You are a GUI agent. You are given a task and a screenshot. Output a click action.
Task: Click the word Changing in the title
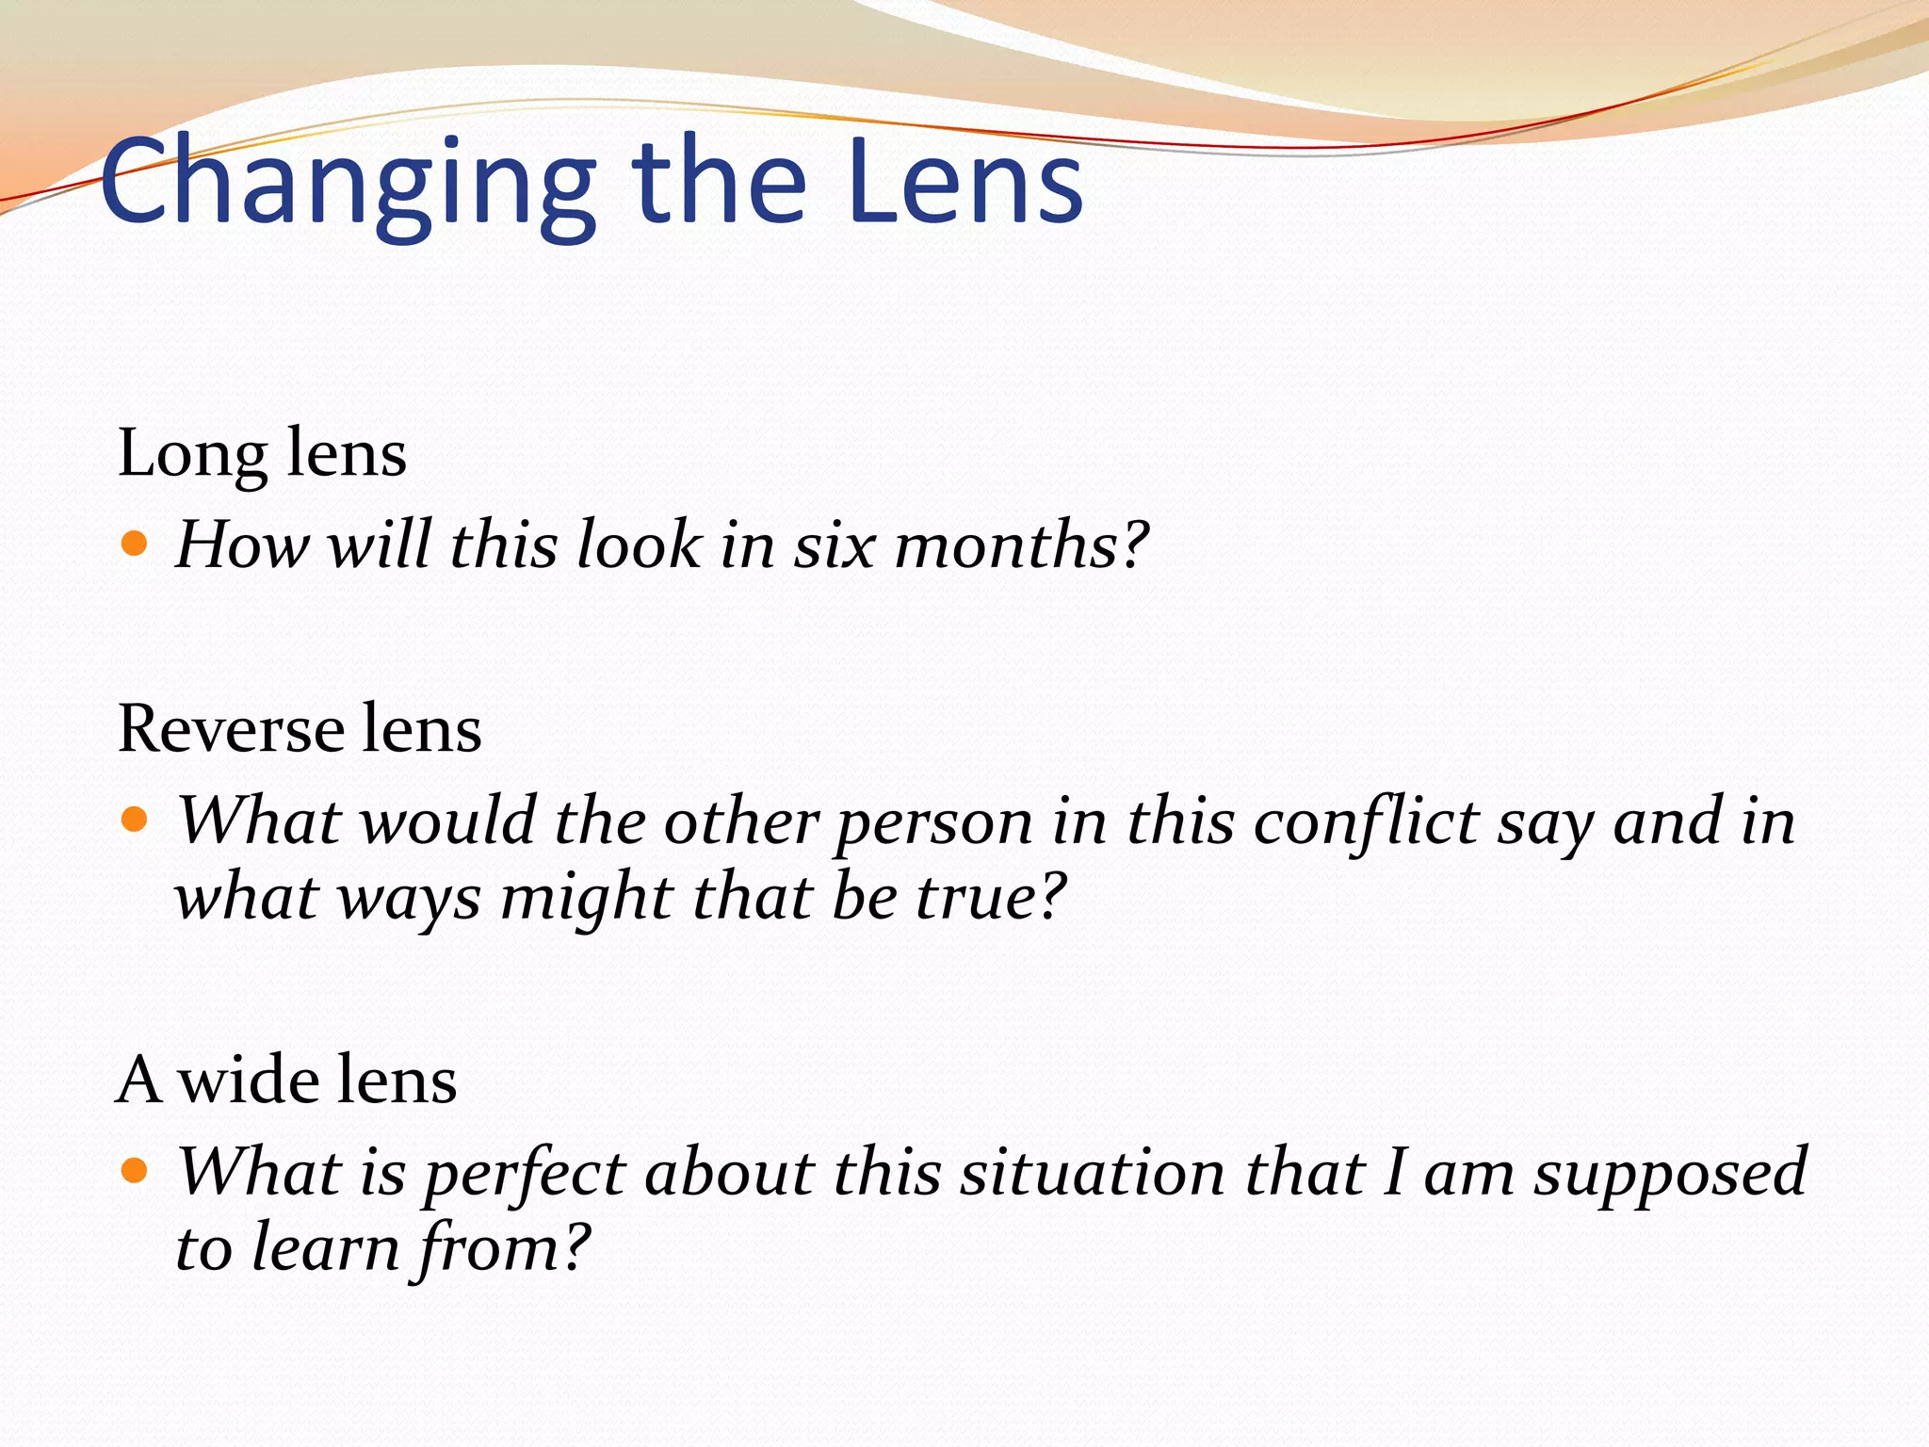point(349,184)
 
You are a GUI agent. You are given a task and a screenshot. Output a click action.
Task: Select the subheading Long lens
point(262,454)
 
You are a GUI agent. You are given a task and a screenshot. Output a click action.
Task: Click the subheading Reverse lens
point(300,729)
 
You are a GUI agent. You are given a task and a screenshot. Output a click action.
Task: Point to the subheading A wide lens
point(286,1080)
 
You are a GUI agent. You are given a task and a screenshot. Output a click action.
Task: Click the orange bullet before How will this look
point(135,544)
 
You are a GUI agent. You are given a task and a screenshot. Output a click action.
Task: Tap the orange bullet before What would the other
point(135,819)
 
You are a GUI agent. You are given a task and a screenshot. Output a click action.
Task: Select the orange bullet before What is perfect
point(135,1170)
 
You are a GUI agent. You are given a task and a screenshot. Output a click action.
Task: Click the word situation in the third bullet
point(1093,1174)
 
